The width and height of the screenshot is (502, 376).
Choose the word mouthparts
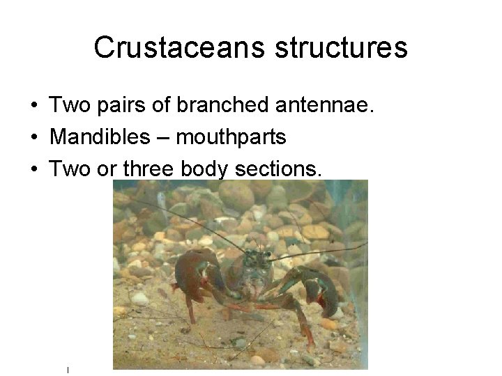(231, 138)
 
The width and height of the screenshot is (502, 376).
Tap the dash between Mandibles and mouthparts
(165, 138)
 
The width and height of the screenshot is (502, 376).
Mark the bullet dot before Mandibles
(33, 138)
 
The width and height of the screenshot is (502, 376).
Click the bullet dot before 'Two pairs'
(33, 107)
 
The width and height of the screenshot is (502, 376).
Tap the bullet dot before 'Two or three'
(33, 169)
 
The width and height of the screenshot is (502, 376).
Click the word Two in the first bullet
(67, 106)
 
